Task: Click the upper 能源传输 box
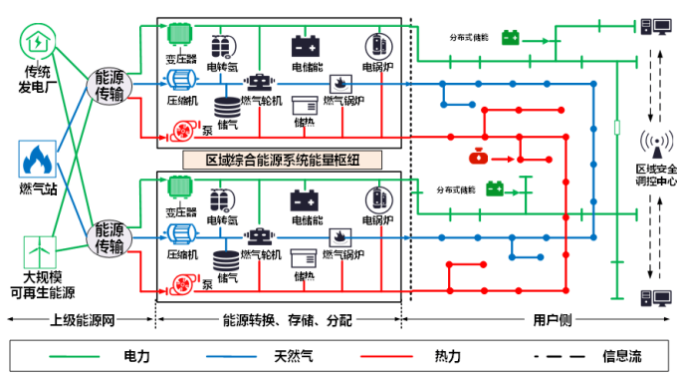111,86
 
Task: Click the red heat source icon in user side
478,157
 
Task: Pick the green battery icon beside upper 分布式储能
510,37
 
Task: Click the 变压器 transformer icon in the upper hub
179,33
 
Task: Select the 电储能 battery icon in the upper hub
305,46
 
